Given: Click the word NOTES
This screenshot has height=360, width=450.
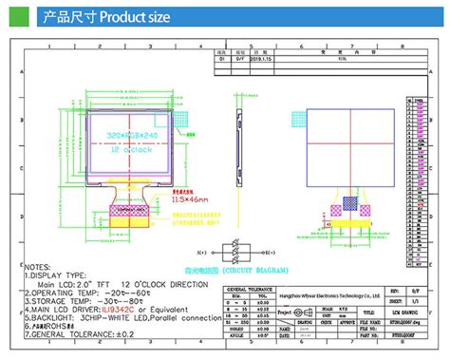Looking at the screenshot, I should [x=37, y=268].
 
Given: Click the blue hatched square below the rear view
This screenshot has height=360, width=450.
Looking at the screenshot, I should [x=350, y=203].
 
